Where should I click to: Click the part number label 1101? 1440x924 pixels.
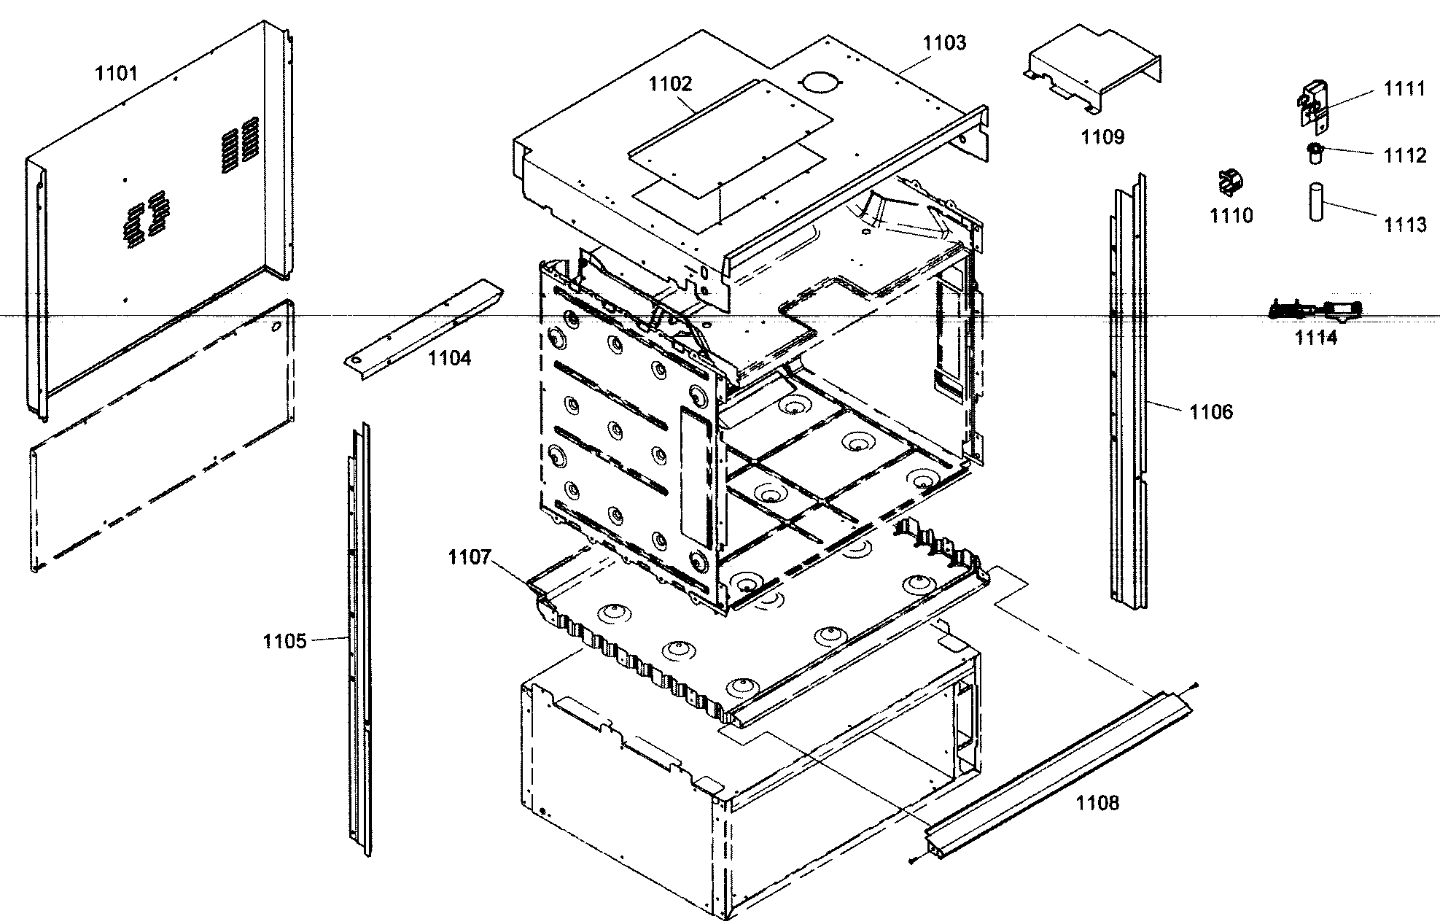(117, 73)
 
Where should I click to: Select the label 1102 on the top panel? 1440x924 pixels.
(671, 84)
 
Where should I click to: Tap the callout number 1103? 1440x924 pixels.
(944, 43)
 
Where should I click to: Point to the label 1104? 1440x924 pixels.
(449, 358)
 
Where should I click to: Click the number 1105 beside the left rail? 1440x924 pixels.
(284, 641)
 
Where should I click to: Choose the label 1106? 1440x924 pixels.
(1211, 412)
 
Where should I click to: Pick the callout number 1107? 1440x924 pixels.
(470, 558)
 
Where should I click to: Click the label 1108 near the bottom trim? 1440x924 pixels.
(1097, 803)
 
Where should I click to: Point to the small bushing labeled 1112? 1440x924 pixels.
(1315, 153)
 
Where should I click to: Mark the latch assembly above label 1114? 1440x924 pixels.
(1316, 311)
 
